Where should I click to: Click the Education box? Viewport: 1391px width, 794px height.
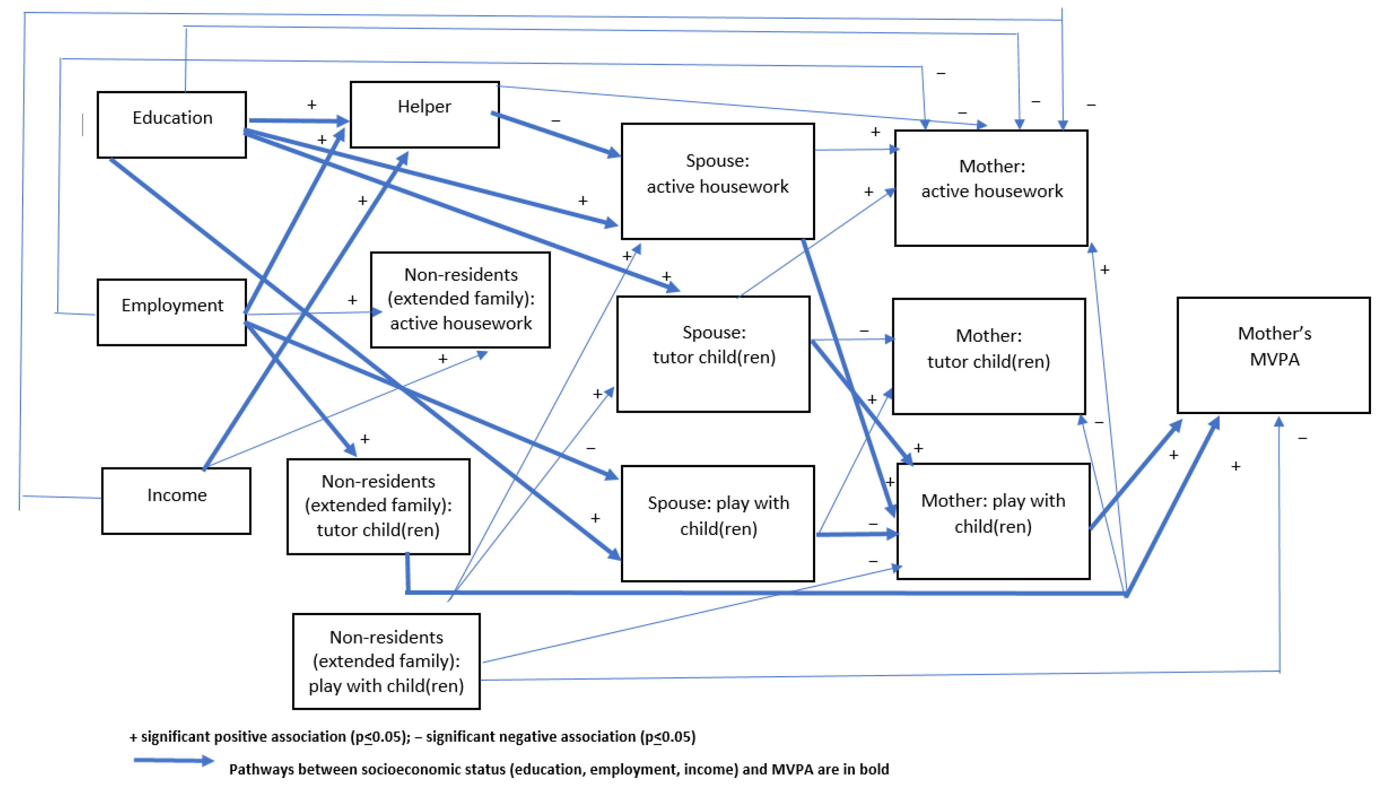172,125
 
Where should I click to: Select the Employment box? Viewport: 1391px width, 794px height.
172,312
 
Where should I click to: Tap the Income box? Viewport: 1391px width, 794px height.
176,501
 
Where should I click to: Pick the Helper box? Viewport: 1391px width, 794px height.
424,114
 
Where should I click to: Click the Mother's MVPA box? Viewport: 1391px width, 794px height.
1273,355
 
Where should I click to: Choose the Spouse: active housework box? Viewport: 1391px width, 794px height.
718,181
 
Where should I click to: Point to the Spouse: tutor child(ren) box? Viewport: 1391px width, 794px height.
714,354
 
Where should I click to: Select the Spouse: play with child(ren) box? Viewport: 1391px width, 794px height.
718,523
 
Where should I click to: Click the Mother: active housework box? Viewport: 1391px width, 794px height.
991,188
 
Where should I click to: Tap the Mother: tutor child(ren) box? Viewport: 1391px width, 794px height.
989,356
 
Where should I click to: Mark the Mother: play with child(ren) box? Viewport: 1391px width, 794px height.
993,521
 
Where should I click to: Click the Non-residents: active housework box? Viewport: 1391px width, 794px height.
460,299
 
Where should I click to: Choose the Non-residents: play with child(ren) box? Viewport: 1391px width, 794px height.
386,661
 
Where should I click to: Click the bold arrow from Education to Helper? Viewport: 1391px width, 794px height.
299,120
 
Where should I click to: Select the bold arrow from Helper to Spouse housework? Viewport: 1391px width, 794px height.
556,135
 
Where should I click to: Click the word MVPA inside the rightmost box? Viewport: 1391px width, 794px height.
1274,360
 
